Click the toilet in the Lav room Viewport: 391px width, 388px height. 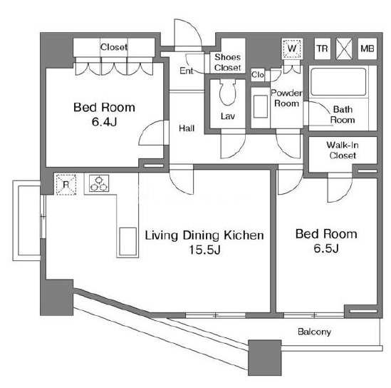pyautogui.click(x=227, y=92)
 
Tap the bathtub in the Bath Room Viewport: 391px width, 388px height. pyautogui.click(x=338, y=82)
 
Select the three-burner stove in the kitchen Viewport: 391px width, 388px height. pyautogui.click(x=99, y=183)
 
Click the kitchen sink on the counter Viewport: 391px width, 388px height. pyautogui.click(x=127, y=242)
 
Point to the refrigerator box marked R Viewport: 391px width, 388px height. pyautogui.click(x=66, y=185)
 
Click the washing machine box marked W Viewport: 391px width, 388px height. pyautogui.click(x=292, y=48)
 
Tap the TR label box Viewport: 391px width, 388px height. pyautogui.click(x=322, y=48)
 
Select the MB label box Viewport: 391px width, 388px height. pyautogui.click(x=367, y=48)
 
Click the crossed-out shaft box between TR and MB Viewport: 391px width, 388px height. pyautogui.click(x=344, y=48)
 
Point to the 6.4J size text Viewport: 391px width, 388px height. pyautogui.click(x=104, y=122)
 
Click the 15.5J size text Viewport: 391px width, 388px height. pyautogui.click(x=204, y=250)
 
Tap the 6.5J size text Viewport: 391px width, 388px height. pyautogui.click(x=326, y=248)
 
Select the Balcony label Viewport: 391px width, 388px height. pyautogui.click(x=314, y=332)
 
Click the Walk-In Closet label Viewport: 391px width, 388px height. pyautogui.click(x=343, y=150)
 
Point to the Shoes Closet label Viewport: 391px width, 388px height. pyautogui.click(x=228, y=62)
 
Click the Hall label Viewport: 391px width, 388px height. pyautogui.click(x=187, y=128)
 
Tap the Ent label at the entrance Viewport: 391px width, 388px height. pyautogui.click(x=187, y=71)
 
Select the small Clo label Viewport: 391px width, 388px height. pyautogui.click(x=258, y=74)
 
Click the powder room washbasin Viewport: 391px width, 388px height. pyautogui.click(x=261, y=106)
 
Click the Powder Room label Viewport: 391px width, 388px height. pyautogui.click(x=286, y=98)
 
